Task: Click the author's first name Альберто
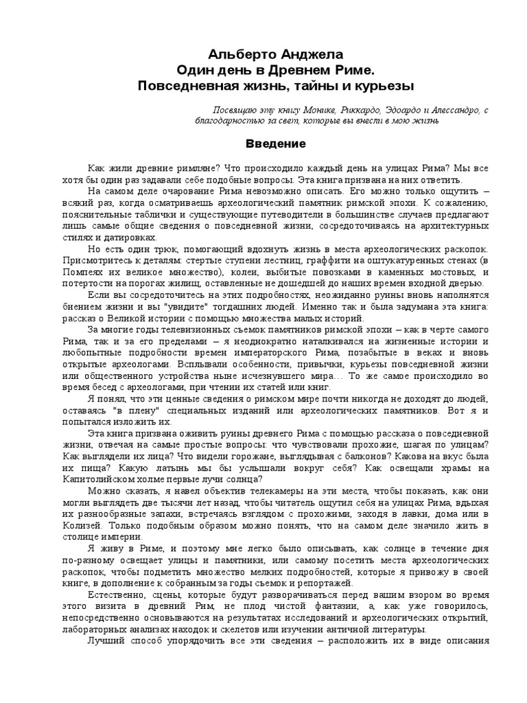click(235, 53)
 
